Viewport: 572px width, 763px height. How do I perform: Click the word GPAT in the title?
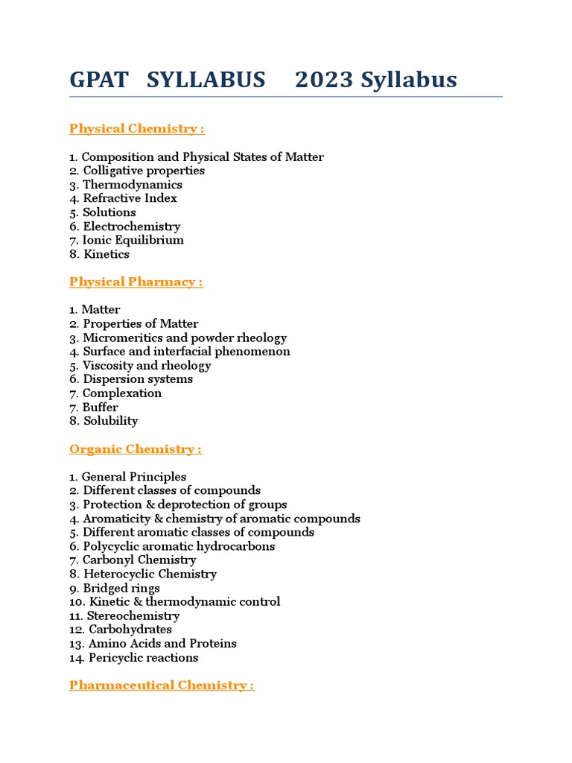pos(100,80)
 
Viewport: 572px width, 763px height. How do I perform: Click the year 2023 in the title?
pos(323,80)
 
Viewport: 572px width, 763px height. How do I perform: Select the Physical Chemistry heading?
pos(136,128)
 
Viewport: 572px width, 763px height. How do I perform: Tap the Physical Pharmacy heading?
pos(136,282)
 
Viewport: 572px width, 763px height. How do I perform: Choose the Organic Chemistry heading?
pos(136,449)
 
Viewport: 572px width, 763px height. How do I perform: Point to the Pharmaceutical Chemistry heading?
pos(161,685)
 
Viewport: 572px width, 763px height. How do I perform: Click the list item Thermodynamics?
pos(132,185)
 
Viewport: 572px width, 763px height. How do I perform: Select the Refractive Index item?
pos(130,198)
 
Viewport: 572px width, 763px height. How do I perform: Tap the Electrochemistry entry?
pos(131,227)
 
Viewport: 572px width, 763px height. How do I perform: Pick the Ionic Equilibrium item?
pos(133,240)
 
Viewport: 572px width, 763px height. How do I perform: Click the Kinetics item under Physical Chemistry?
pos(107,254)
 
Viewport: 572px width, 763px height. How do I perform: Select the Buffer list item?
pos(100,407)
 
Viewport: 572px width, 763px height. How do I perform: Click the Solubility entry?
pos(110,421)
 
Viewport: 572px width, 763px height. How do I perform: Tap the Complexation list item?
pos(121,393)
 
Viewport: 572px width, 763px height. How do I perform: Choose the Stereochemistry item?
pos(133,615)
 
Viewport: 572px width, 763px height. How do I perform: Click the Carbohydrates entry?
pos(130,630)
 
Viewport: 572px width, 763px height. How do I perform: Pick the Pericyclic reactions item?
pos(143,657)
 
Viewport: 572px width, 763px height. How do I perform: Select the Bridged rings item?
pos(121,588)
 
